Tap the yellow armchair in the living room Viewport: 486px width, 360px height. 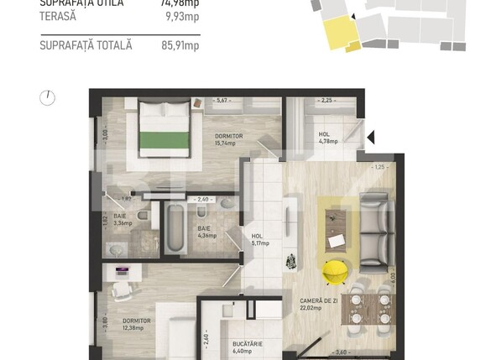pos(337,270)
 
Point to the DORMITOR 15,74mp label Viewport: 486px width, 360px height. pos(228,139)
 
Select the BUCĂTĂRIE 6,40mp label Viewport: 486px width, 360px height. pos(248,347)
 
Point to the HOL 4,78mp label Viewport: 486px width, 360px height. pos(327,138)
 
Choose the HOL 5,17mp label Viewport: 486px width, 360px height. pos(260,240)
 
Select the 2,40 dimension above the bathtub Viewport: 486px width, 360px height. pos(201,200)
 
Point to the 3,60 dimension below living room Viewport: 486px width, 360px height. pos(341,352)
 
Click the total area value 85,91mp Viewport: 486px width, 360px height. pos(180,45)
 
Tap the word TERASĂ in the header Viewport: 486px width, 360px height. pos(59,15)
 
